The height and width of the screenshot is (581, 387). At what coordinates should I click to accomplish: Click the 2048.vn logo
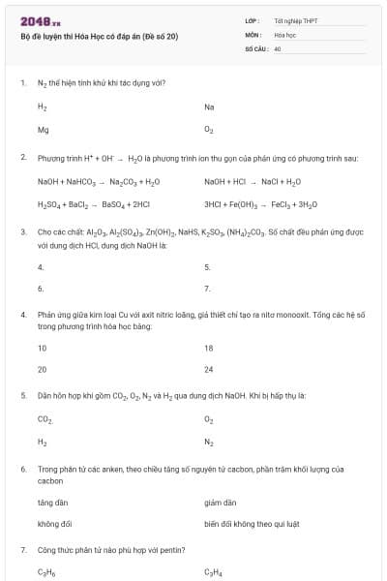(x=40, y=20)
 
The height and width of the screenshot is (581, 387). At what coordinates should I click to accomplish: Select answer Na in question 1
(x=209, y=107)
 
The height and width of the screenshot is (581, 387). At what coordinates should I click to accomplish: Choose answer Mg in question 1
(x=43, y=129)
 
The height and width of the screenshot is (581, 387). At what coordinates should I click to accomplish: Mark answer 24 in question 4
(x=209, y=369)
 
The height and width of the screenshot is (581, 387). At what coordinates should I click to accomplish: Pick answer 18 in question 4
(x=209, y=347)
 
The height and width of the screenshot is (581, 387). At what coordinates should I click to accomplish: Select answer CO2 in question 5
(x=45, y=419)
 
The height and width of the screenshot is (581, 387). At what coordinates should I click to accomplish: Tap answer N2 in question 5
(x=209, y=442)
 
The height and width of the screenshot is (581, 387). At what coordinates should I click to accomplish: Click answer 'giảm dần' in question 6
(x=220, y=502)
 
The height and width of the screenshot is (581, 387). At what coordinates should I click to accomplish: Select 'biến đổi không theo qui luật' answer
(x=252, y=524)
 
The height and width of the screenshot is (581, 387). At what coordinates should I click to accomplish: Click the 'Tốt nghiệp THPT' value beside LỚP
(x=295, y=19)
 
